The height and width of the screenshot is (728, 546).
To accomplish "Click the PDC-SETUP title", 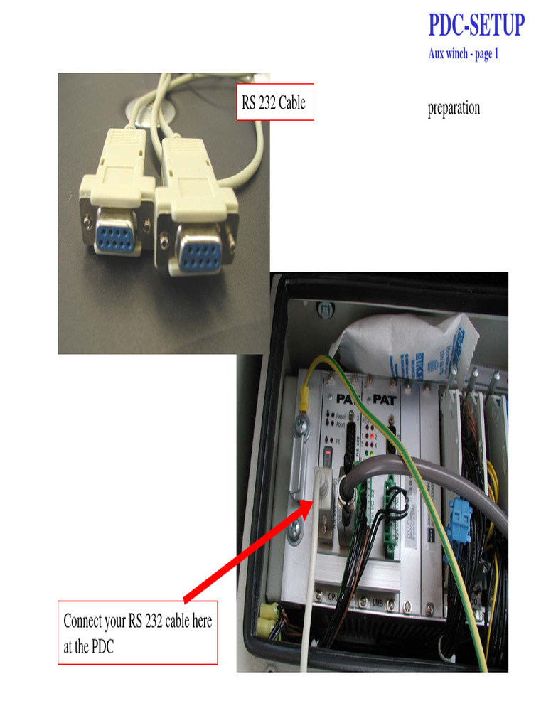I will [x=476, y=26].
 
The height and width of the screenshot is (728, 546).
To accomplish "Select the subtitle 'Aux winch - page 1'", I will [x=463, y=54].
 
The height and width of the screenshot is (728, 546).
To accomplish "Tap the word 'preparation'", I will [x=453, y=109].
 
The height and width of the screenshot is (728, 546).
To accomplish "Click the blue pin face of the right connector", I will [x=198, y=250].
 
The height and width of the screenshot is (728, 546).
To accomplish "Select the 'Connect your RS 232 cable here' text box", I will [x=137, y=632].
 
